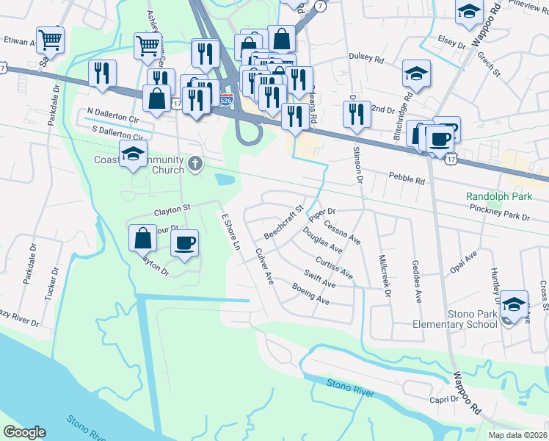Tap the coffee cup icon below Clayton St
[x=185, y=243]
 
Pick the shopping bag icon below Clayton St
[x=142, y=239]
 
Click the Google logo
[x=24, y=432]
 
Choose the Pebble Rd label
[x=407, y=179]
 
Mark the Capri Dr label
[x=443, y=400]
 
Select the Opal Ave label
[x=464, y=265]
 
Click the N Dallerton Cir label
[x=112, y=117]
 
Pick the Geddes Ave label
[x=417, y=282]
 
